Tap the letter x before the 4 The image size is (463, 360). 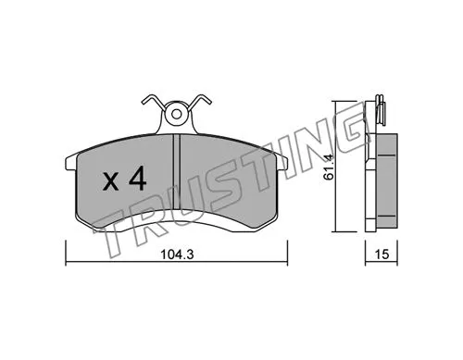(x=110, y=181)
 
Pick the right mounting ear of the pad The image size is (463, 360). (x=283, y=164)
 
